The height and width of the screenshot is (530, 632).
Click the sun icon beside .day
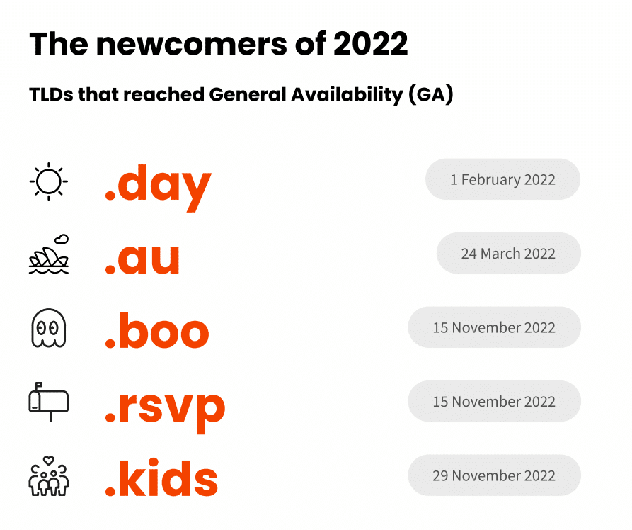coord(48,181)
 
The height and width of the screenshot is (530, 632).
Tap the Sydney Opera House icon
coord(49,254)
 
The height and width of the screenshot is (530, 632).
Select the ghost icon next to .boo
coord(48,328)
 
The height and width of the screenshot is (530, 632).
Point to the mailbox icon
coord(48,402)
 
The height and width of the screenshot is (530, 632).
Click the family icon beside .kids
coord(48,476)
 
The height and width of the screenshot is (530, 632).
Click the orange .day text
coord(158,187)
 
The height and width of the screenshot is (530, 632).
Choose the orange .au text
coord(142,259)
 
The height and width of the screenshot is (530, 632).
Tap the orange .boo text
coord(157,329)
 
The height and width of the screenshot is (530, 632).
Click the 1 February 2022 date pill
coord(502,179)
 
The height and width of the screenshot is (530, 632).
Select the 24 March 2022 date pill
coord(509,253)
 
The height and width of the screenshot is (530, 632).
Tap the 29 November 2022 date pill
coord(494,475)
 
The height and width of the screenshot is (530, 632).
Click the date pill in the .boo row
coord(494,327)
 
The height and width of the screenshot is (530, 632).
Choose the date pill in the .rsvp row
coord(494,401)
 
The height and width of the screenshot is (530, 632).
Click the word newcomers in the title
coord(192,44)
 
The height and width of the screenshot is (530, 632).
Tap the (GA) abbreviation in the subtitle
coord(431,95)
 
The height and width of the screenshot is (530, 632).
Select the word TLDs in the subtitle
coord(51,95)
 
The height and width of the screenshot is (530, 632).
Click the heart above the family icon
coord(49,460)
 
